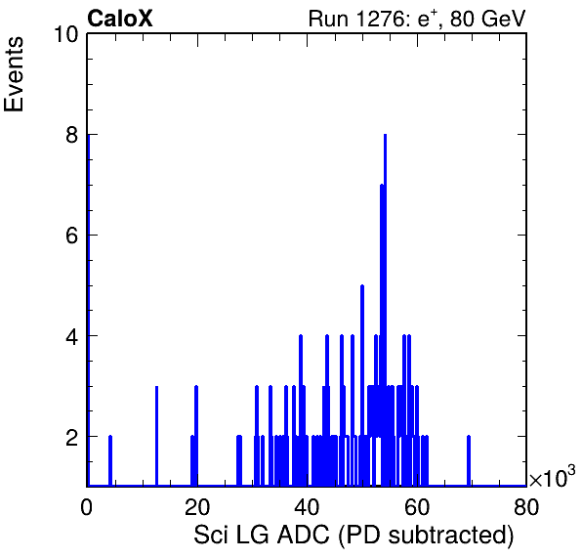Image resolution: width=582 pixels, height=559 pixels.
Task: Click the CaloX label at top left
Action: tap(119, 19)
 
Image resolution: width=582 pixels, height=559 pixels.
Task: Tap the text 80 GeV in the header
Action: tap(487, 19)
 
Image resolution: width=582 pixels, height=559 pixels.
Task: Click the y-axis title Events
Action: tap(14, 74)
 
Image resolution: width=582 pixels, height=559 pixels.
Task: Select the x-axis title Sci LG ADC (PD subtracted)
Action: tap(353, 536)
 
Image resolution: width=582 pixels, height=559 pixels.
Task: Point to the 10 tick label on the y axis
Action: tap(66, 34)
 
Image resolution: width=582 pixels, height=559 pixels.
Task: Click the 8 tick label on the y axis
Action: tap(72, 135)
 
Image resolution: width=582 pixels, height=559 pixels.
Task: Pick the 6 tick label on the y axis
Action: tap(72, 236)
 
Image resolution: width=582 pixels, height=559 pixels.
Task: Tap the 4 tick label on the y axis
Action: tap(72, 336)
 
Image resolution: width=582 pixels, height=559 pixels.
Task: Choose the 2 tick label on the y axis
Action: tap(72, 437)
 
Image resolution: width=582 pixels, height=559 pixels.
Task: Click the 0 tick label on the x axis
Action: tap(87, 506)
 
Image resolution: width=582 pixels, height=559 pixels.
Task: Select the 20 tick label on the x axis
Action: tap(197, 506)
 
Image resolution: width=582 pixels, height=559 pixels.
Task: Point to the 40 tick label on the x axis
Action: tap(307, 506)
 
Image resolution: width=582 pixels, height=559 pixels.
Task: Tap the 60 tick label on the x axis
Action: tap(417, 506)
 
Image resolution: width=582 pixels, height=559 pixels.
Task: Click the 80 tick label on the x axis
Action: tap(526, 506)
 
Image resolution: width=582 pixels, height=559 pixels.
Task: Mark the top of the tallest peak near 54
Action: tap(386, 135)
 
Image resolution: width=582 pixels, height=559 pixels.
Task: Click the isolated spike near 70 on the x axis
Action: tap(469, 460)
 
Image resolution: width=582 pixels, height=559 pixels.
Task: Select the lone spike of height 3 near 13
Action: tap(156, 436)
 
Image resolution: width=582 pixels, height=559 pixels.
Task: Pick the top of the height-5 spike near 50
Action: tap(362, 285)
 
